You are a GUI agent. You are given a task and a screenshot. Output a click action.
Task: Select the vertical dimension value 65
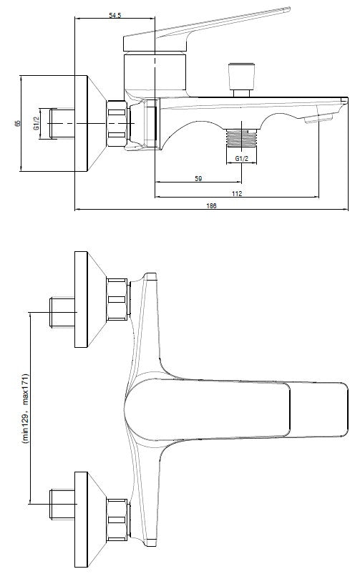click(x=17, y=122)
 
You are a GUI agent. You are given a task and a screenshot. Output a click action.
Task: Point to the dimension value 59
click(x=198, y=179)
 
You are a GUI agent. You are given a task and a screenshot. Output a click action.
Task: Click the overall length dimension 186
click(x=212, y=206)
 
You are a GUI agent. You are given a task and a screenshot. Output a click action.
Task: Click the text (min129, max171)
click(x=24, y=409)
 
